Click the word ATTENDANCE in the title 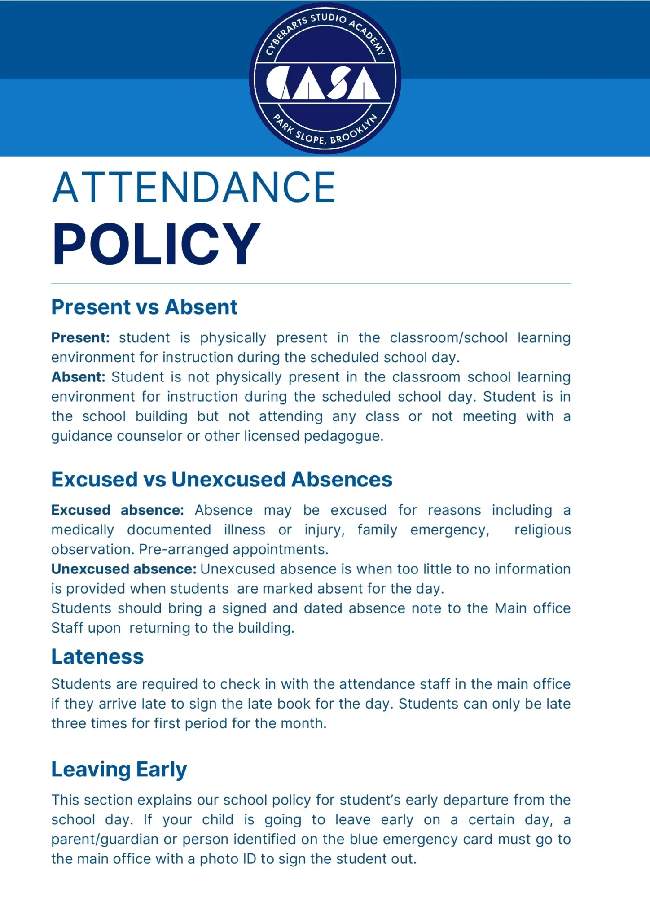[x=193, y=188]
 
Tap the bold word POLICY [x=156, y=245]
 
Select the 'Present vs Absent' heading [x=144, y=307]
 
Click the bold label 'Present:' [x=80, y=337]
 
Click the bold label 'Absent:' [x=78, y=377]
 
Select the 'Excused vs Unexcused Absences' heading [x=222, y=479]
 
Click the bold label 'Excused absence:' [x=118, y=510]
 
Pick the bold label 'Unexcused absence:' [x=124, y=569]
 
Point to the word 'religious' [x=542, y=530]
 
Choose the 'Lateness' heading [x=97, y=656]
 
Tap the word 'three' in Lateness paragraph [x=69, y=723]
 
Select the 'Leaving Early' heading [x=119, y=769]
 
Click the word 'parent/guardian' [x=105, y=839]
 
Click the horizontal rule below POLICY [x=311, y=284]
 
